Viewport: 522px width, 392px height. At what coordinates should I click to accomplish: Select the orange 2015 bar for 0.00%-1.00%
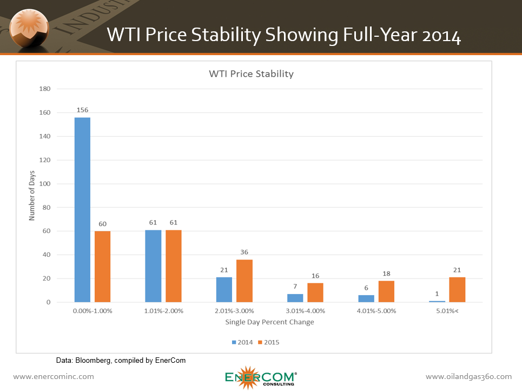tap(102, 267)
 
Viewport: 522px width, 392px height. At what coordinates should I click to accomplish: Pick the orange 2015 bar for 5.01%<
tap(457, 290)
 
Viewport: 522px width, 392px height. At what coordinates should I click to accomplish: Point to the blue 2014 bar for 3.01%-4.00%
tap(295, 298)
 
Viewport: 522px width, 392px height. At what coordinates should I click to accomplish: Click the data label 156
tap(82, 110)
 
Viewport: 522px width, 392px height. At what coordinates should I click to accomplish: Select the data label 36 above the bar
tap(245, 252)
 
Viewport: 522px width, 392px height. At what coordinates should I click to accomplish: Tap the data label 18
tap(386, 274)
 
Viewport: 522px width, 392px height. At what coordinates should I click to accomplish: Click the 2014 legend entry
tap(243, 342)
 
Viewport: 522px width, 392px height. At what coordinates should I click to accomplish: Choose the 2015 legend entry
tap(269, 342)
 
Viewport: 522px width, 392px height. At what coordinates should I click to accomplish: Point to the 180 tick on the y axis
tap(45, 89)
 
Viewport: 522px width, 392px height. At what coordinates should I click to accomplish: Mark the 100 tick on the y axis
tap(45, 184)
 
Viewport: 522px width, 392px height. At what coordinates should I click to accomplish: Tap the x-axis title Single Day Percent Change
tap(269, 322)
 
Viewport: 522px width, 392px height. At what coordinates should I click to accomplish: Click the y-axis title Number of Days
tap(32, 196)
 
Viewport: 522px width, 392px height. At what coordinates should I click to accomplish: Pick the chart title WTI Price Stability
tap(251, 74)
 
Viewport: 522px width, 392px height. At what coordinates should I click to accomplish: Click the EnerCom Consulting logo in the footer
tap(260, 377)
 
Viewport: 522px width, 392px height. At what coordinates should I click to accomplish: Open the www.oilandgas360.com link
tap(468, 376)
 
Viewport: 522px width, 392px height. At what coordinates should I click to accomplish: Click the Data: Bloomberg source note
tap(121, 360)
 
